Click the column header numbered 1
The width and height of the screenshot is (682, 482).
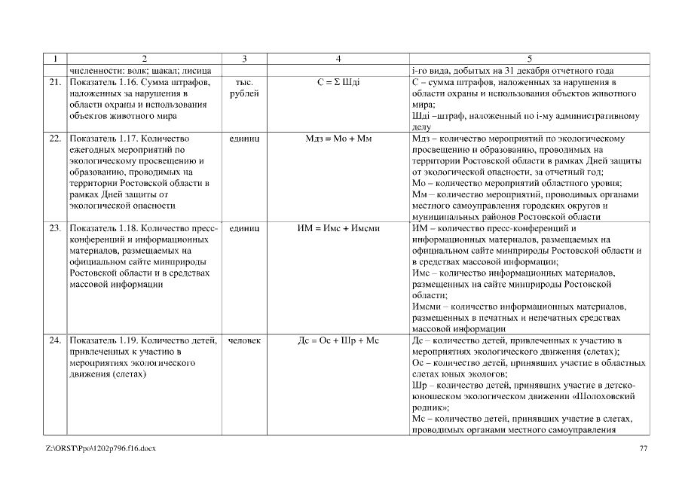coord(55,59)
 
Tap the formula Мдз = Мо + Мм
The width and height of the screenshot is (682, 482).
coord(338,139)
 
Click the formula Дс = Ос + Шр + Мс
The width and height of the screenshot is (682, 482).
coord(338,340)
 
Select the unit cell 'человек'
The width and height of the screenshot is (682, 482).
coord(243,340)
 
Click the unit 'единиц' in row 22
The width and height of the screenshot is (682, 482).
coord(243,139)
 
